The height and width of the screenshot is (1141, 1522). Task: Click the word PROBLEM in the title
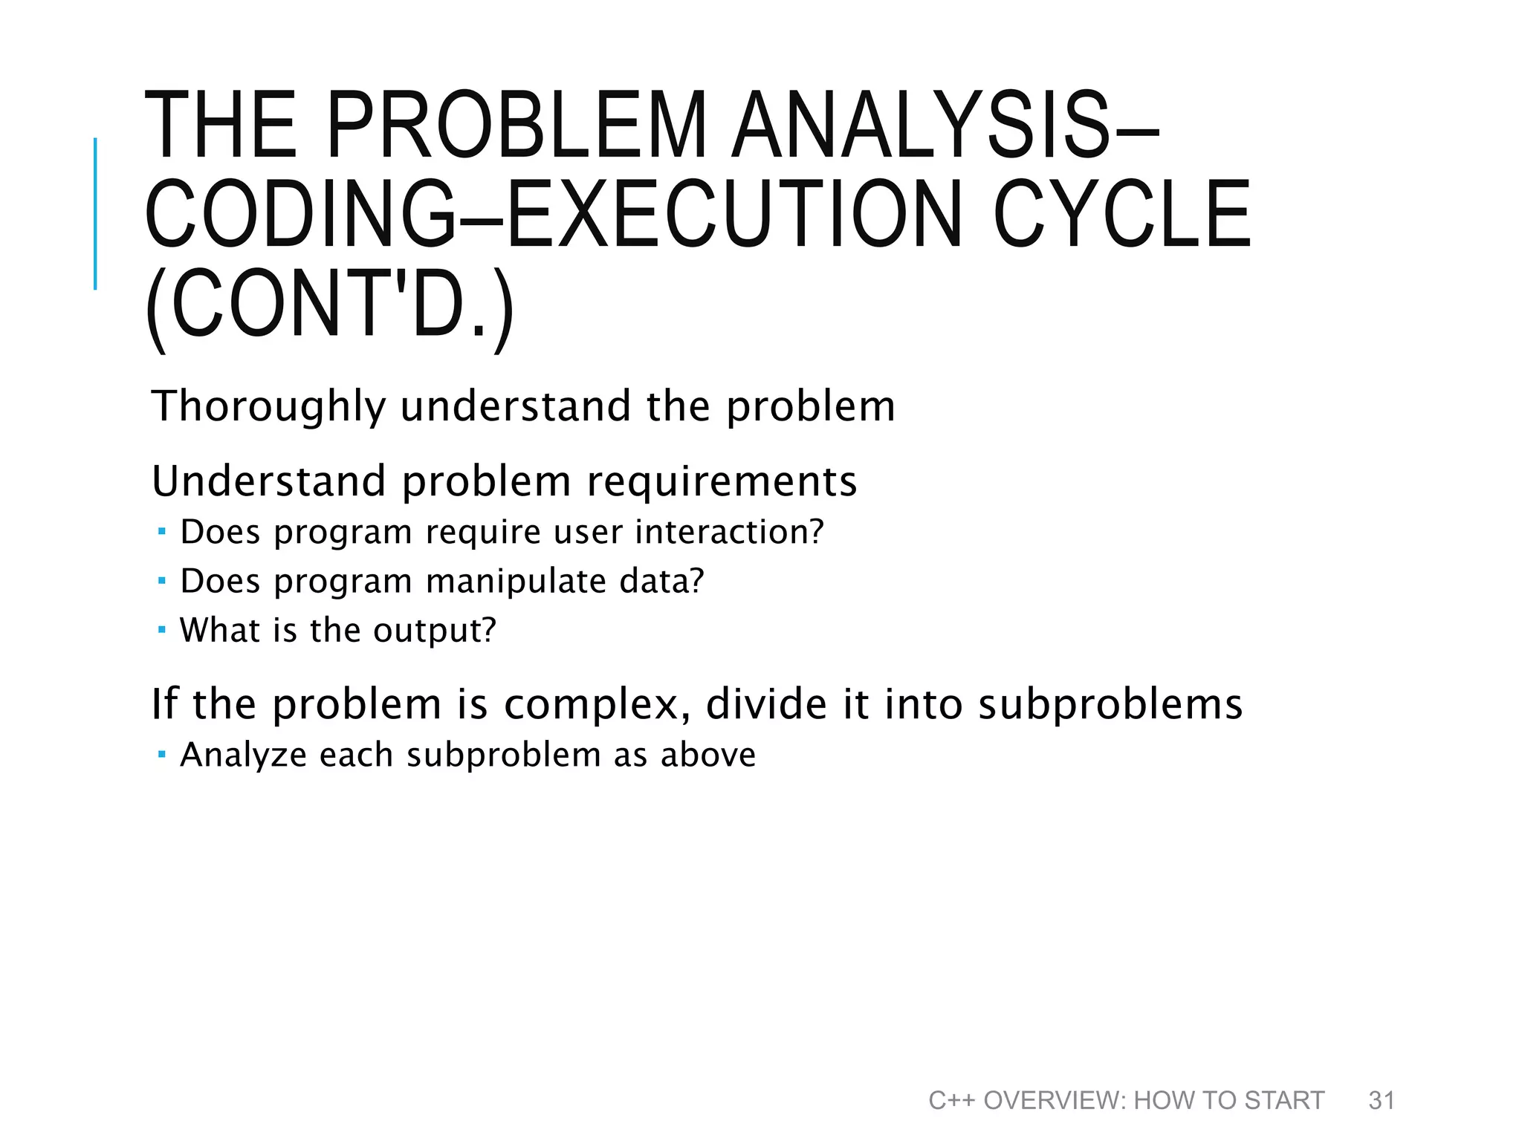(516, 125)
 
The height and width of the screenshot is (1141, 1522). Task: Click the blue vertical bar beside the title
(95, 213)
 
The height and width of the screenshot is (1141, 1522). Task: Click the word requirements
(722, 481)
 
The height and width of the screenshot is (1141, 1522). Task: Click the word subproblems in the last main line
(1110, 704)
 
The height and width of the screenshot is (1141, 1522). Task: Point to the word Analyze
(244, 755)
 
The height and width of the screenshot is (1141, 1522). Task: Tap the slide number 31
(1382, 1100)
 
